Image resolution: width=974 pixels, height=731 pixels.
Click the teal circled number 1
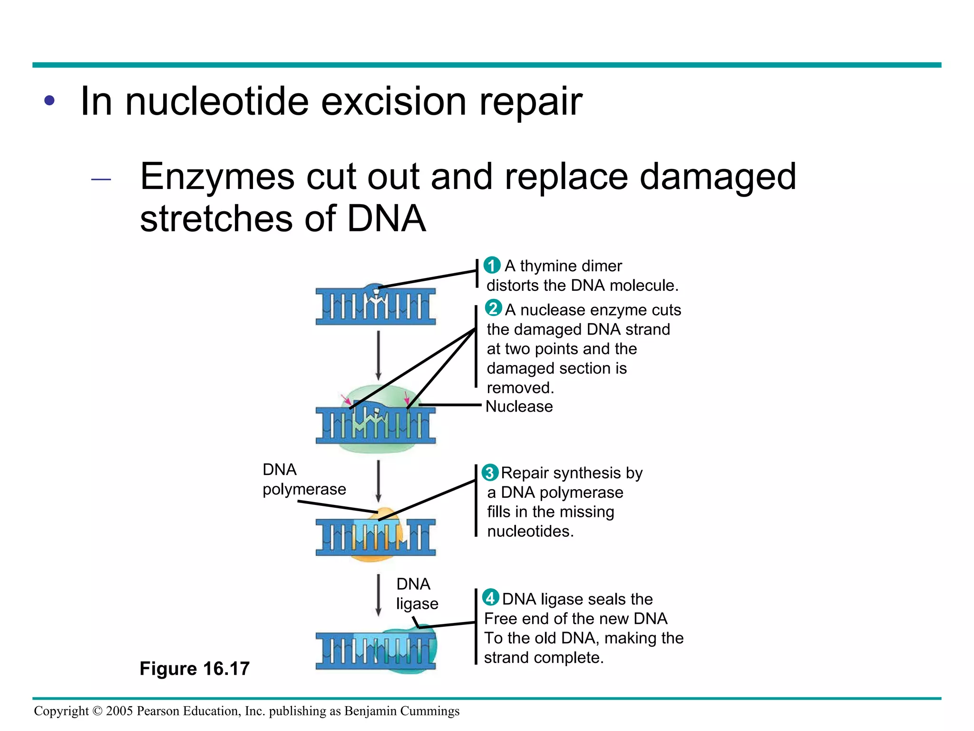[x=492, y=265]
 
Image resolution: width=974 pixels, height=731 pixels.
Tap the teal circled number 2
[x=493, y=308]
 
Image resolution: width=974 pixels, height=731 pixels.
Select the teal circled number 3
[x=490, y=473]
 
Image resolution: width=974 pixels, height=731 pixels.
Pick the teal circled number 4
[x=491, y=598]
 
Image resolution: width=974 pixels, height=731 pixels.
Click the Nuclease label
[x=519, y=406]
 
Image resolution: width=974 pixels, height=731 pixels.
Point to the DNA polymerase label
[x=304, y=479]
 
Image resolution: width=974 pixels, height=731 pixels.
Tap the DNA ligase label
[x=417, y=593]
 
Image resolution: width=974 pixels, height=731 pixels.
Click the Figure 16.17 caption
[x=195, y=668]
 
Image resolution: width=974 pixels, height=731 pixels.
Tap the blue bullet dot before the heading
[x=49, y=101]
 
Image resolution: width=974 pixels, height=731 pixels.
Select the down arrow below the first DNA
[x=379, y=355]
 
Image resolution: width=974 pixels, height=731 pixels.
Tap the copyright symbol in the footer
[x=97, y=711]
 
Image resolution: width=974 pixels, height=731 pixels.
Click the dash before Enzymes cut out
[x=101, y=179]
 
